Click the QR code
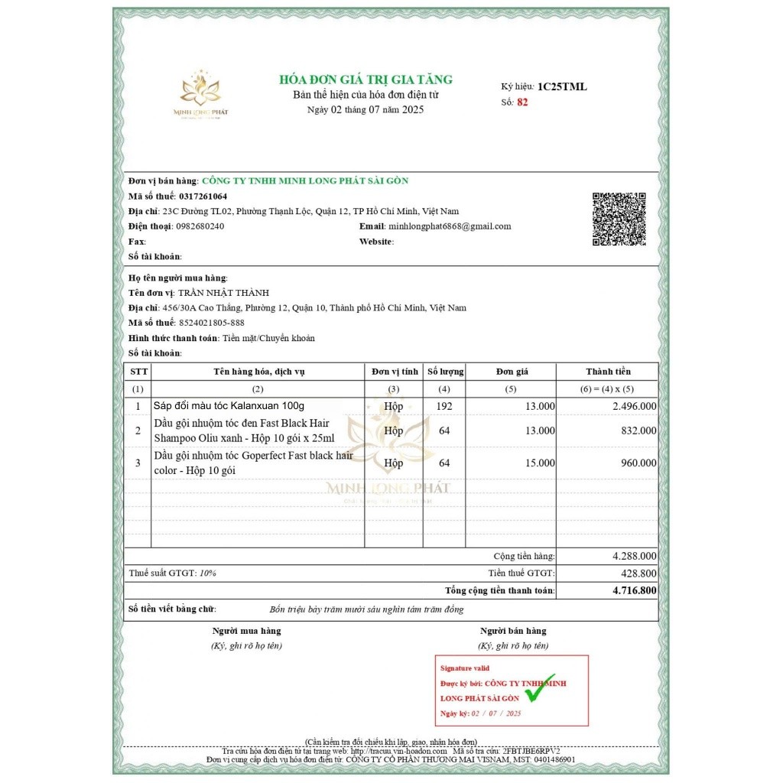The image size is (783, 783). pyautogui.click(x=619, y=219)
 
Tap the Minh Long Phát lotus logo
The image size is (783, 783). pyautogui.click(x=200, y=92)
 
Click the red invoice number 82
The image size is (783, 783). pyautogui.click(x=522, y=102)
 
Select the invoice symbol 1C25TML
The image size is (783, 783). pyautogui.click(x=562, y=86)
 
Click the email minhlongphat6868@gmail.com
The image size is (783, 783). pyautogui.click(x=450, y=226)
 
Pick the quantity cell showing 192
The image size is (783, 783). pyautogui.click(x=444, y=406)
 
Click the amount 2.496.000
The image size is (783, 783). pyautogui.click(x=634, y=406)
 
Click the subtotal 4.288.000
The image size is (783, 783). pyautogui.click(x=634, y=556)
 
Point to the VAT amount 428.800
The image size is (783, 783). pyautogui.click(x=639, y=573)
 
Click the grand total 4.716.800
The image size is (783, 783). pyautogui.click(x=634, y=590)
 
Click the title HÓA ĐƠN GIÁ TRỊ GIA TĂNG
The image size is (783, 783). pyautogui.click(x=366, y=80)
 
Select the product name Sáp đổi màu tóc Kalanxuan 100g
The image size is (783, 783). pyautogui.click(x=229, y=406)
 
